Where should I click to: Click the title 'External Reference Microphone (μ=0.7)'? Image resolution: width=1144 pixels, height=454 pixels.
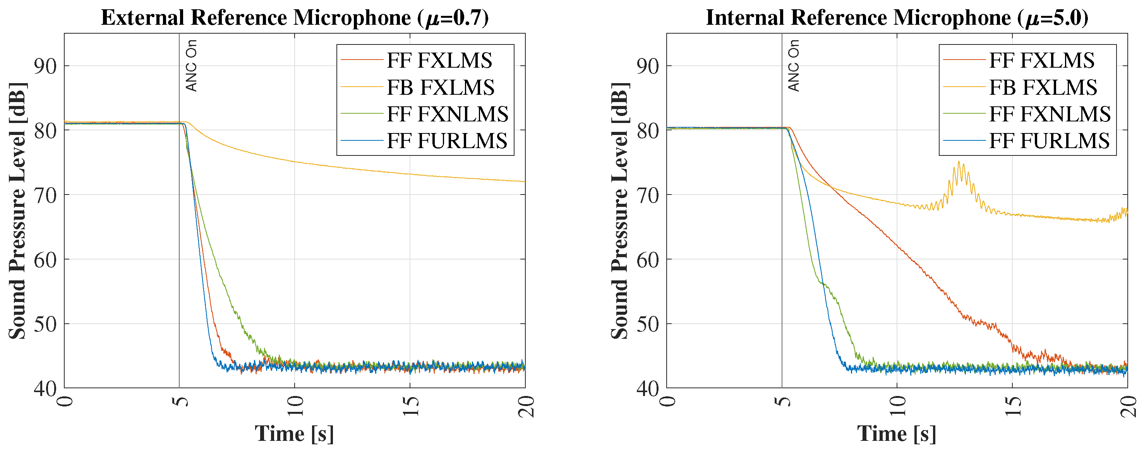tap(295, 18)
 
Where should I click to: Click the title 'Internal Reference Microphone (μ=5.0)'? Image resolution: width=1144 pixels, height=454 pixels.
tap(897, 18)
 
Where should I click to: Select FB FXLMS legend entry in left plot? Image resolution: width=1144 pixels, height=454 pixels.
tap(440, 87)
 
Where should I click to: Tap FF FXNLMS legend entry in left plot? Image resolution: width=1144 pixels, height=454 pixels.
tap(447, 114)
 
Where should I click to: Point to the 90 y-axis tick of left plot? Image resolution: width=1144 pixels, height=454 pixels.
tap(46, 66)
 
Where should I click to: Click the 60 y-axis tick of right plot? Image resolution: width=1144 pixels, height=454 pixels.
tap(648, 259)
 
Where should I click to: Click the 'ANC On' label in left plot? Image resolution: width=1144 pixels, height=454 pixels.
tap(191, 66)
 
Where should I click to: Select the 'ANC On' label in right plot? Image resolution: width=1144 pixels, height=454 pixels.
tap(794, 66)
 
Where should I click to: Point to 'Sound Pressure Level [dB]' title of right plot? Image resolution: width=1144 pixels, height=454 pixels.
tap(619, 211)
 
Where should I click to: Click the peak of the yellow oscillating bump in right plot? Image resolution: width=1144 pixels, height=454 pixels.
tap(959, 162)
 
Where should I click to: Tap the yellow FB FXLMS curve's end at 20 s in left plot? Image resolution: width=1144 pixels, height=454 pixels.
tap(524, 181)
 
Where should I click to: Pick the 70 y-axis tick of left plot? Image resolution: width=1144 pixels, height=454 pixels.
tap(46, 195)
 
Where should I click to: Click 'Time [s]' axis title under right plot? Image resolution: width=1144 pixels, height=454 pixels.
tap(897, 434)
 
